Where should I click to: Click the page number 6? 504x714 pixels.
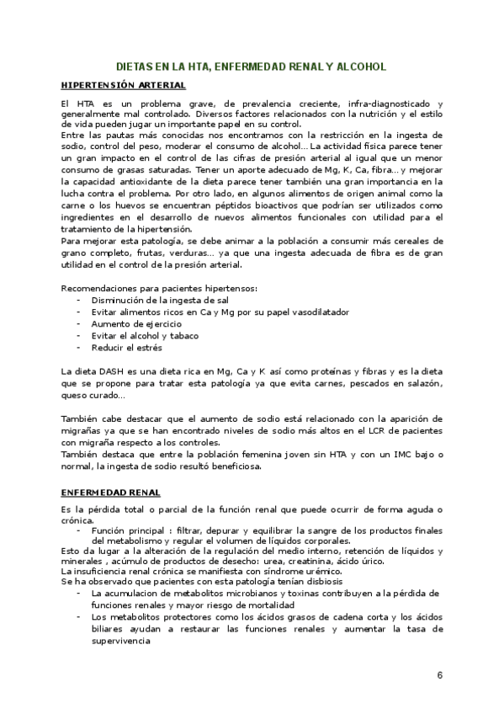tap(440, 675)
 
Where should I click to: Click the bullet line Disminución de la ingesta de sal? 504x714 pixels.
tap(150, 300)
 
